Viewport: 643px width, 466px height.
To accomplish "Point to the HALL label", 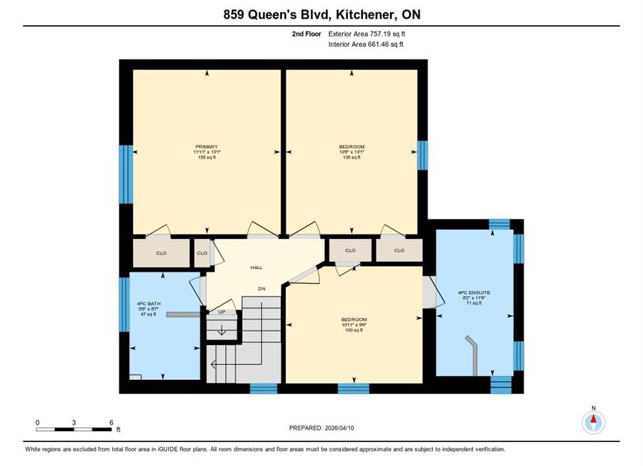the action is click(x=257, y=267).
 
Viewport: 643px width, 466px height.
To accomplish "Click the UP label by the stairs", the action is click(x=222, y=312).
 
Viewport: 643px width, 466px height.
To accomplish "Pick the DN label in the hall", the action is click(x=261, y=289).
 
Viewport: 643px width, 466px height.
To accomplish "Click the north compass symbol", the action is click(x=593, y=421).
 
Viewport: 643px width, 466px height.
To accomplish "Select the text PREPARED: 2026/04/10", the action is click(x=321, y=428).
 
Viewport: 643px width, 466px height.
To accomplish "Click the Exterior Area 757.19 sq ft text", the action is click(x=367, y=34).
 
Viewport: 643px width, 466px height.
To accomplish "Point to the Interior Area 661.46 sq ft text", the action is click(x=365, y=44).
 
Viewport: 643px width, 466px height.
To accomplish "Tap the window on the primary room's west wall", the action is click(x=126, y=174).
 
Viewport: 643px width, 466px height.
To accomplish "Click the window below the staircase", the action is click(x=263, y=388).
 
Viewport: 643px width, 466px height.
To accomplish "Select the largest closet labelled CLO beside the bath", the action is click(x=162, y=253).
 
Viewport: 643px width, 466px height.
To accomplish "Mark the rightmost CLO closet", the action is click(x=399, y=250).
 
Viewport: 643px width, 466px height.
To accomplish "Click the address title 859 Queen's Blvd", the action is click(x=277, y=15).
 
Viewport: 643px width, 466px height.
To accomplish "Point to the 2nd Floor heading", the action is click(x=307, y=34).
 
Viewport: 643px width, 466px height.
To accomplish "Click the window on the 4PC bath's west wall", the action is click(x=124, y=305).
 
